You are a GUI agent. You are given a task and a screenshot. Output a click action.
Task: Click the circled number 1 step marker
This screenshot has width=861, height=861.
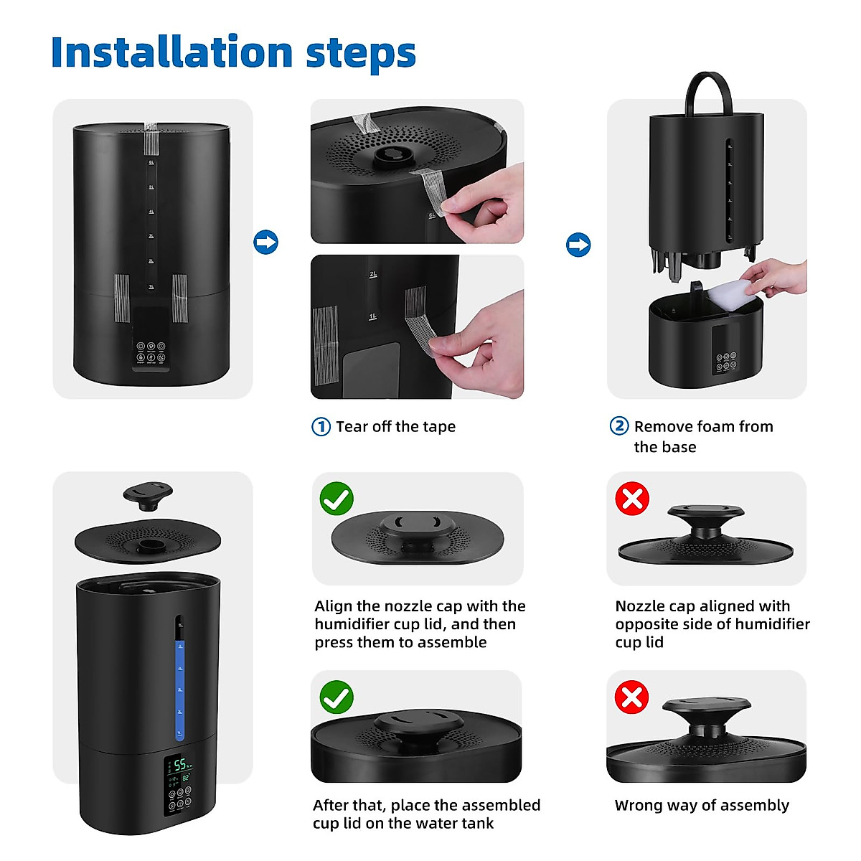321,427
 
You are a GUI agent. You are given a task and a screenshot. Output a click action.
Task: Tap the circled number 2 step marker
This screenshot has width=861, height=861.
619,426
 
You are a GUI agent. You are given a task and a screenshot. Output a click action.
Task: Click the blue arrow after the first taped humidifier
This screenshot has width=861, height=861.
266,243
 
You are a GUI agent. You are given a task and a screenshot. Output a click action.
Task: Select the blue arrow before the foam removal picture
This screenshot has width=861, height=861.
578,245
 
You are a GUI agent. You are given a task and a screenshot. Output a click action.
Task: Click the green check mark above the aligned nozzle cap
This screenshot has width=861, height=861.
337,499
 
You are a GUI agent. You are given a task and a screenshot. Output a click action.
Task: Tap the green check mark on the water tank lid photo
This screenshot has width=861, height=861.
337,697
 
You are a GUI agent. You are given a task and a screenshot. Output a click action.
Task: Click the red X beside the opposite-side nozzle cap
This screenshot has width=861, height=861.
632,499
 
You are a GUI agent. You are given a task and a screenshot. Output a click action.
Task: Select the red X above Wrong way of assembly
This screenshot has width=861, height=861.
632,697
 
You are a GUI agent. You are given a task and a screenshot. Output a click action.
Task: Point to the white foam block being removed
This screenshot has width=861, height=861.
721,295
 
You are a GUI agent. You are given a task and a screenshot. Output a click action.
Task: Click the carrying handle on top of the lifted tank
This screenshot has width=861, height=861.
709,90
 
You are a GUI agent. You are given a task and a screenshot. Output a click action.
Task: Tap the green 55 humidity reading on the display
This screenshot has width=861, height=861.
180,765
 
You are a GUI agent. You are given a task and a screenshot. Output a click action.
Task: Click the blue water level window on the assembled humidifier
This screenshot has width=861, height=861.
180,689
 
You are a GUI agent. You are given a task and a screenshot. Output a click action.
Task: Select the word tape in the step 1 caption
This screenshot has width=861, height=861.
439,427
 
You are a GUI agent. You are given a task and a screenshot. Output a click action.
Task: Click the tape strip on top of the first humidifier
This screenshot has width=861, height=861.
151,138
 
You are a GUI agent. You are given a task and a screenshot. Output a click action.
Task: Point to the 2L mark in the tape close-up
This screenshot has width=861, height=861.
373,275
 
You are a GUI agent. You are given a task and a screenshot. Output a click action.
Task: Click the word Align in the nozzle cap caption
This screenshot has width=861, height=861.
334,606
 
